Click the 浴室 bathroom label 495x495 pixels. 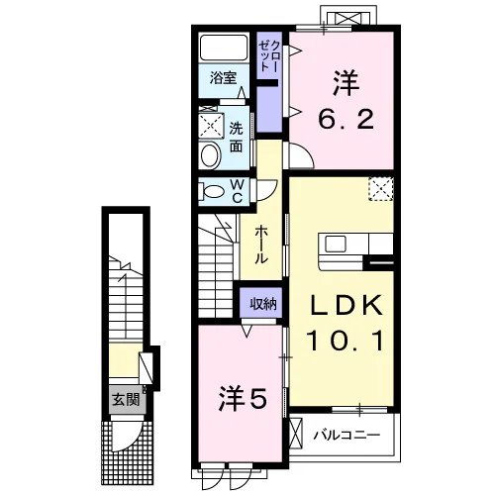(x=223, y=78)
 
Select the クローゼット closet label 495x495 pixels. (x=269, y=56)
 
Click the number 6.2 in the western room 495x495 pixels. (x=346, y=119)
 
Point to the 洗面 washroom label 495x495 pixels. (x=236, y=137)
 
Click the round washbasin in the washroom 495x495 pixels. (x=210, y=155)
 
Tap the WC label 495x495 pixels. (x=238, y=191)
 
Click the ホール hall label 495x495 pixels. (x=260, y=245)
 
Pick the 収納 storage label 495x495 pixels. (x=263, y=303)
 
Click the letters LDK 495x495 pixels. (x=346, y=305)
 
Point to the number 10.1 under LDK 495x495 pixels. (x=346, y=341)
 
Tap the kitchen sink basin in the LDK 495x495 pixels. (x=335, y=245)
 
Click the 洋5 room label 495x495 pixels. (x=243, y=400)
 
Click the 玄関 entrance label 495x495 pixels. (x=127, y=400)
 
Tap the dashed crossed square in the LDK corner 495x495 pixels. (x=381, y=189)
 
